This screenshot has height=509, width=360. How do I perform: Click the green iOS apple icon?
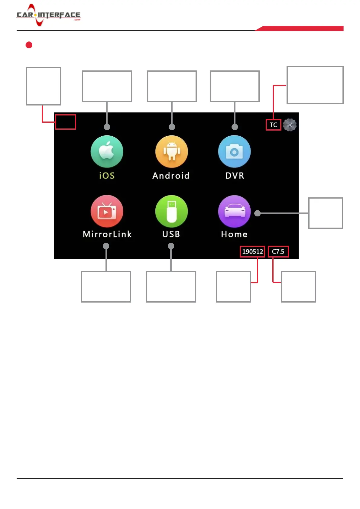[x=107, y=151]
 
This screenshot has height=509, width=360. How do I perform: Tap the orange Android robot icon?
[x=171, y=151]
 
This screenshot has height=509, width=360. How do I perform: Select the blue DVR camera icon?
[x=234, y=151]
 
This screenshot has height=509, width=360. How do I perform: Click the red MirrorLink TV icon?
[x=107, y=211]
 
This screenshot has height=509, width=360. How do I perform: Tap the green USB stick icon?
[x=171, y=211]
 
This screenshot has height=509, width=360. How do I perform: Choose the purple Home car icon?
[x=234, y=211]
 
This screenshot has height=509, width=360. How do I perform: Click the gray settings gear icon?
[x=290, y=125]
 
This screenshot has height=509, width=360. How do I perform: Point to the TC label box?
[x=273, y=125]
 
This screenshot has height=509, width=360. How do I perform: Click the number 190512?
[x=252, y=251]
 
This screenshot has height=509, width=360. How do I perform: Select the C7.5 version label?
[x=278, y=251]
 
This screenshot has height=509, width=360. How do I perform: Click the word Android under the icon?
[x=171, y=176]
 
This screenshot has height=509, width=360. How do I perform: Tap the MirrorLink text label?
[x=107, y=234]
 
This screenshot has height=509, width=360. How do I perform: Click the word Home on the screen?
[x=234, y=234]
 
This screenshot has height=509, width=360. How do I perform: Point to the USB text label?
[x=171, y=234]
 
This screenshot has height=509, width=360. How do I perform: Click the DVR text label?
[x=235, y=176]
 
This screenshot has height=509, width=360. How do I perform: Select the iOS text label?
[x=107, y=176]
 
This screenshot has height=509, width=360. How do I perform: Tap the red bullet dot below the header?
[x=29, y=45]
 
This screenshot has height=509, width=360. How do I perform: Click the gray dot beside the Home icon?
[x=258, y=213]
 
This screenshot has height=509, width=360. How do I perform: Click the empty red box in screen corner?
[x=65, y=122]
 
